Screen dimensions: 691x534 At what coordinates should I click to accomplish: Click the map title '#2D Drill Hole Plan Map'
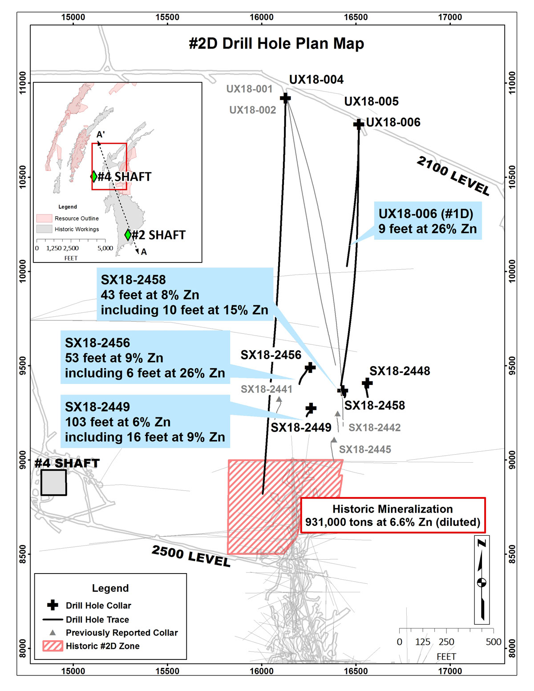click(276, 44)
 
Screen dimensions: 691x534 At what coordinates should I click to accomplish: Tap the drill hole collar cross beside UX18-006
click(359, 124)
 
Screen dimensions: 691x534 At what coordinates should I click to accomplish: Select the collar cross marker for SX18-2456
click(310, 368)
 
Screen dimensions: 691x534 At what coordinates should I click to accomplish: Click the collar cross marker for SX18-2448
click(367, 383)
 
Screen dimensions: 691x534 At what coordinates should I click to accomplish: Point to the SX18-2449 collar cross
click(311, 408)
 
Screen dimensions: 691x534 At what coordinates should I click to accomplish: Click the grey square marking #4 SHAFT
click(54, 482)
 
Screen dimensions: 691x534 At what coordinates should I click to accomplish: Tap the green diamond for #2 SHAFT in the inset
click(128, 234)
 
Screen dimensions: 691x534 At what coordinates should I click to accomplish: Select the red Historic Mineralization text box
click(392, 516)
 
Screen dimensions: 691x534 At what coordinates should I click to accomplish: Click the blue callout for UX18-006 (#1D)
click(428, 221)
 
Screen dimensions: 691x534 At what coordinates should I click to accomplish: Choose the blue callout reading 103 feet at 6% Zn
click(145, 421)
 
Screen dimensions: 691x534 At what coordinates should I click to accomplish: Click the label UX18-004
click(316, 80)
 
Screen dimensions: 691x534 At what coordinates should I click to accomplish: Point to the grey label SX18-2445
click(365, 449)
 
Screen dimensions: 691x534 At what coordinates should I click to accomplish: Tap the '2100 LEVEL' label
click(453, 176)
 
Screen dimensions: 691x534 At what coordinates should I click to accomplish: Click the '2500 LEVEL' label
click(191, 556)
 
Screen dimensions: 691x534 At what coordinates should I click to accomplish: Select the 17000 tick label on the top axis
click(450, 17)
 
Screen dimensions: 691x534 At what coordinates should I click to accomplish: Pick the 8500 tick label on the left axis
click(22, 554)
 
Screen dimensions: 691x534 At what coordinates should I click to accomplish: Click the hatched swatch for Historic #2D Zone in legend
click(53, 646)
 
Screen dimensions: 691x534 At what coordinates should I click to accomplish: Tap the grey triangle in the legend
click(53, 632)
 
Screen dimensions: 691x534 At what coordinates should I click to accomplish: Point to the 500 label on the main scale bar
click(494, 642)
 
